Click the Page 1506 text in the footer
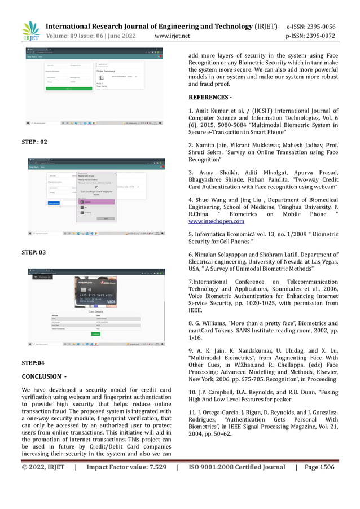tap(319, 467)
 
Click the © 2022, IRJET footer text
tap(43, 467)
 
